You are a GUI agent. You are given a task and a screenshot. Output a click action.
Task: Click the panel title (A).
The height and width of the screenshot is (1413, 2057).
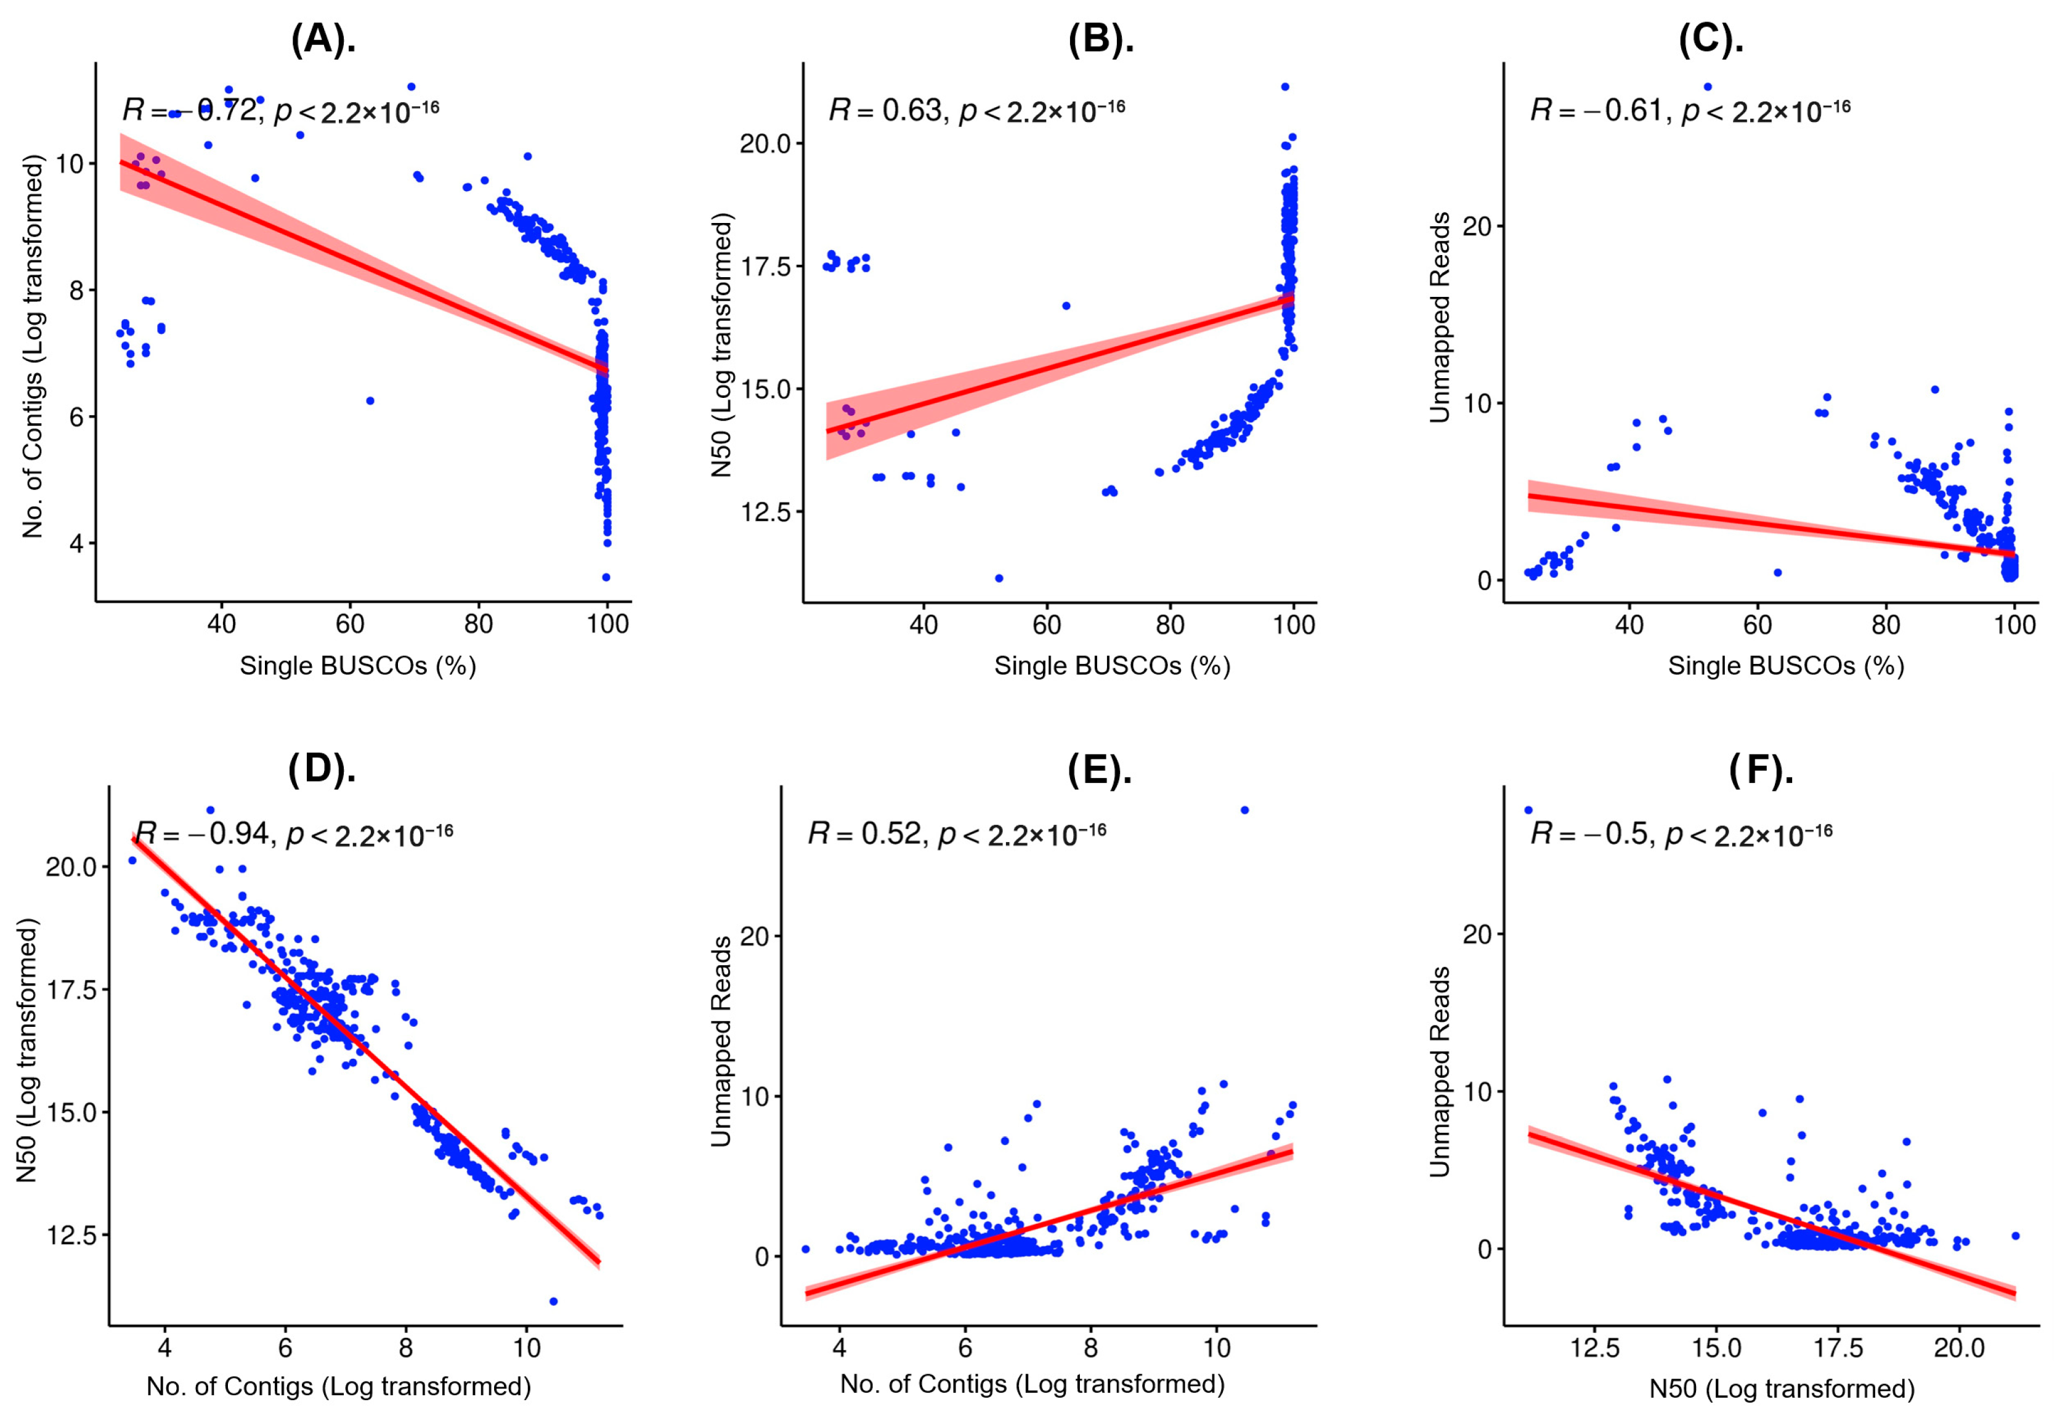[323, 41]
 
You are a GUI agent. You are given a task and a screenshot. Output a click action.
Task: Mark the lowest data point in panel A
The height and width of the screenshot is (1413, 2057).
[606, 577]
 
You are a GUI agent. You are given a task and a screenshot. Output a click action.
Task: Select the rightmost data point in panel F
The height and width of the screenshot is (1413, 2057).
[2015, 1235]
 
